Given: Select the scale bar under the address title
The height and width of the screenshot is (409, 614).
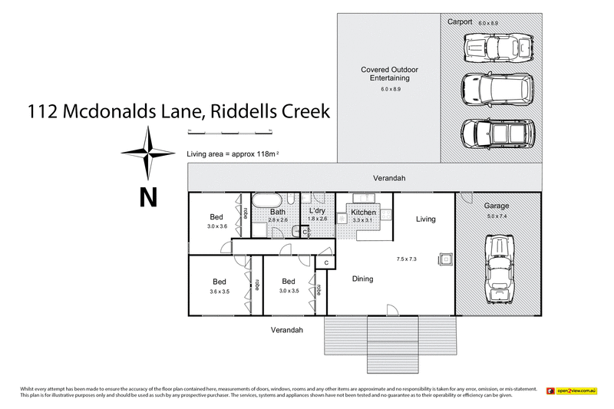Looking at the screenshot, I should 230,134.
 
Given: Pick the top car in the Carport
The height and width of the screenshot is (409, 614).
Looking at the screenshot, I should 492,47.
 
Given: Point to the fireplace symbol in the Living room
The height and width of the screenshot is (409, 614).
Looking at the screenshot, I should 444,259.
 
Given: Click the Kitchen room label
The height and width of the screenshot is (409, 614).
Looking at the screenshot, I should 363,212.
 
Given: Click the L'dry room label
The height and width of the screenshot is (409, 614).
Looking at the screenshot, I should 318,210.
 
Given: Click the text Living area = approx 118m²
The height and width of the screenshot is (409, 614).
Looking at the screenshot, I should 233,154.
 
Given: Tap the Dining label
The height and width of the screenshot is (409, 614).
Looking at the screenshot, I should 362,279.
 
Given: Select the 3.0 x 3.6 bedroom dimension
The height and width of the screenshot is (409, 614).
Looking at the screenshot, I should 218,227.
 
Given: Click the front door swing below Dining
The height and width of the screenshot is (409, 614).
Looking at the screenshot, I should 391,309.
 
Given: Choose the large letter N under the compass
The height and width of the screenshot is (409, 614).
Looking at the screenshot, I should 147,197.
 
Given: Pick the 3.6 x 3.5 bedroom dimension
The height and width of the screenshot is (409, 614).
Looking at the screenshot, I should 220,292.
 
